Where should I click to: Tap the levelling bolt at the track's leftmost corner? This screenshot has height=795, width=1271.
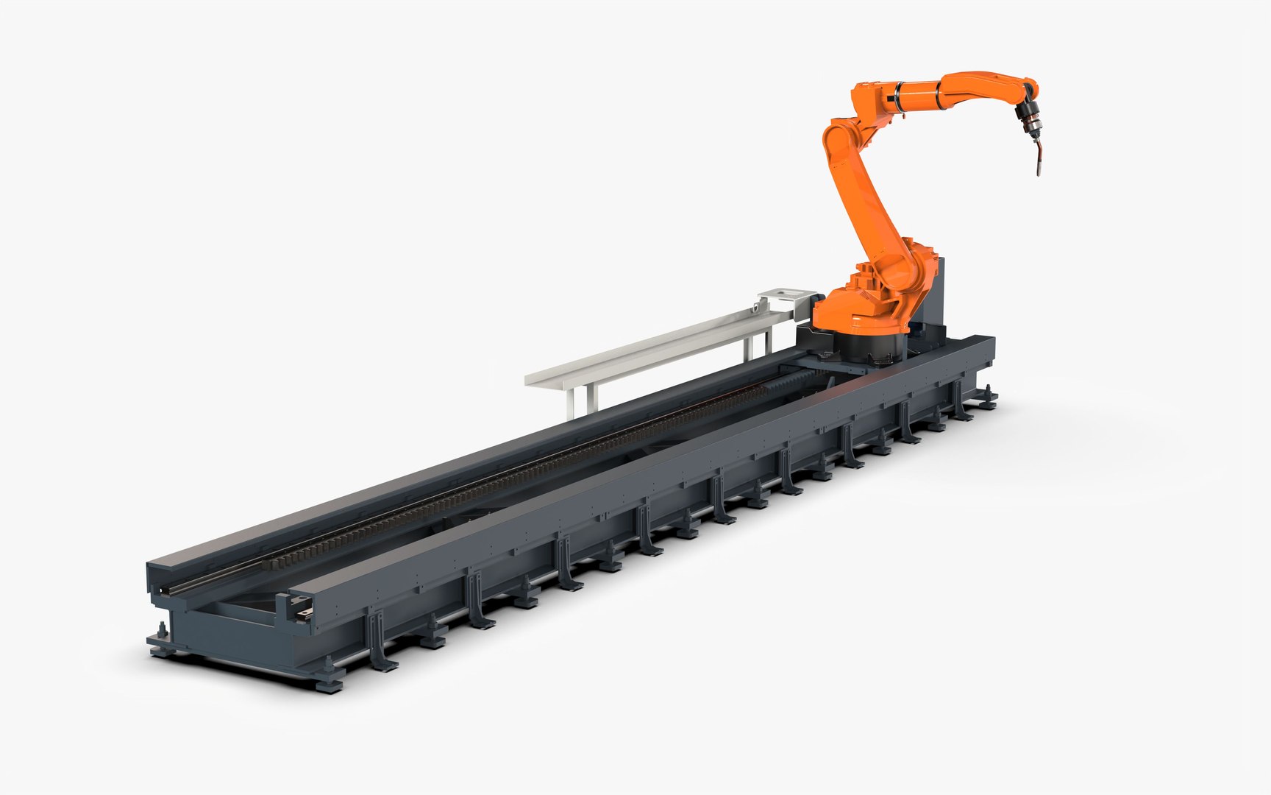point(161,633)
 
